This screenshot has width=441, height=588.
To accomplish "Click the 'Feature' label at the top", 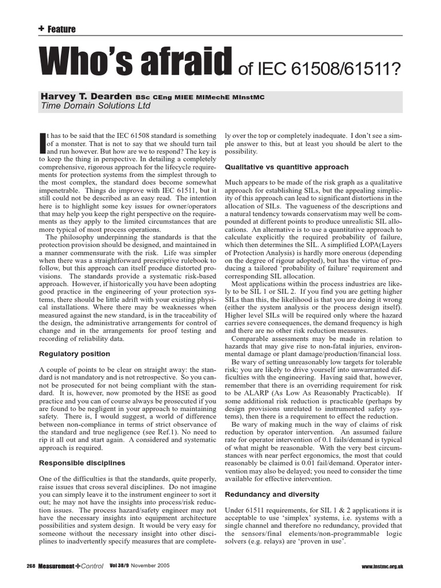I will pyautogui.click(x=61, y=29).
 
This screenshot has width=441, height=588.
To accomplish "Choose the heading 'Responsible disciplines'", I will pyautogui.click(x=81, y=462).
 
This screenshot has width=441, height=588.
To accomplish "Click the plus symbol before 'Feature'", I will pyautogui.click(x=41, y=29).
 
